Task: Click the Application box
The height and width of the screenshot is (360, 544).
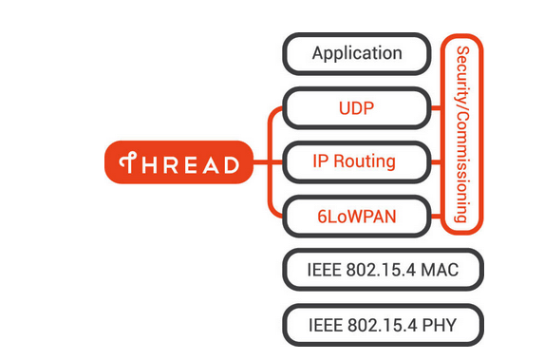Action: point(357,53)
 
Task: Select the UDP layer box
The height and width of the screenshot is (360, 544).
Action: point(357,107)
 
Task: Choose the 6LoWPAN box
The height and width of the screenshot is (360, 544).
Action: point(357,216)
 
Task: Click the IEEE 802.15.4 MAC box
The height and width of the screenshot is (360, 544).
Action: point(383,270)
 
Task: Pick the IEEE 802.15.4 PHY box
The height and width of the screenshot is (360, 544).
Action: point(383,324)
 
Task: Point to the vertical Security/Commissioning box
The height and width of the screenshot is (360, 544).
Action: point(462,134)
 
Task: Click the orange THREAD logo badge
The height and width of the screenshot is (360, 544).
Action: point(178,163)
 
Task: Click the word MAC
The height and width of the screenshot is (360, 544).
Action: point(438,270)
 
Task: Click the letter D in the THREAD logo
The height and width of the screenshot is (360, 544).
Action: point(230,164)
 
